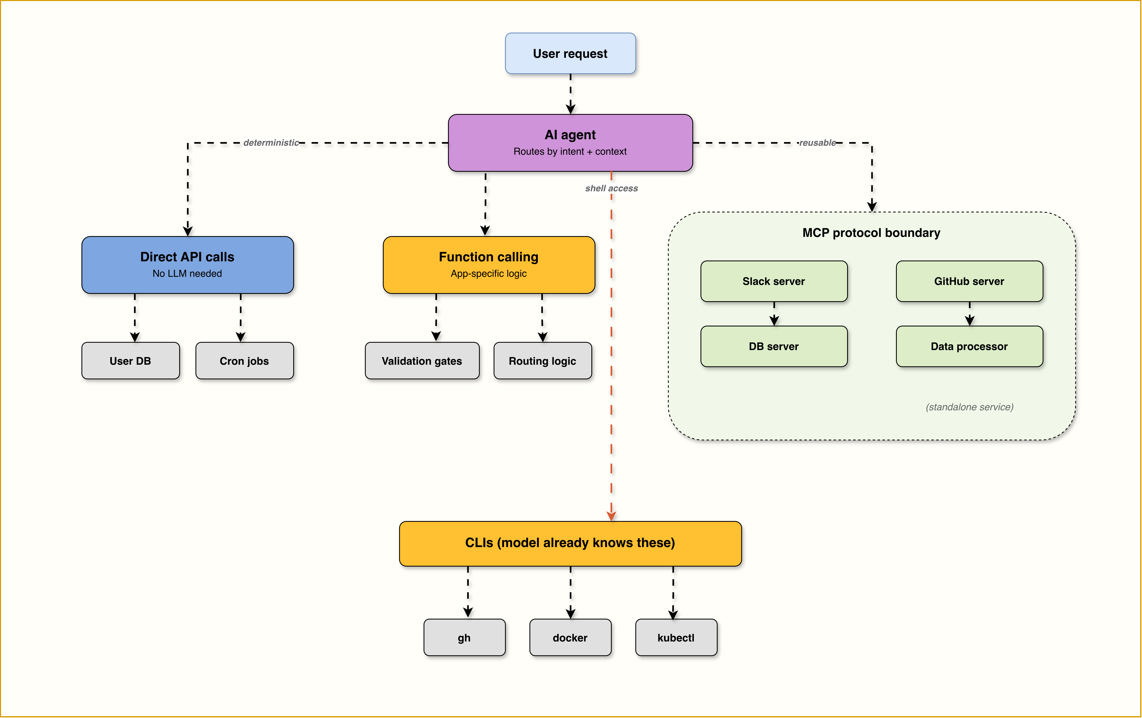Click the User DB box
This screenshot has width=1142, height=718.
(x=130, y=361)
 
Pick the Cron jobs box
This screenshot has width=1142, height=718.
(x=244, y=361)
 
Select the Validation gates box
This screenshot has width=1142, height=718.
(x=422, y=361)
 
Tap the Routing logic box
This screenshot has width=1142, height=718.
(x=542, y=361)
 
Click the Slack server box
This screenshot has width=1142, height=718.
(x=774, y=281)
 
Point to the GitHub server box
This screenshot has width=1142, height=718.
(x=969, y=281)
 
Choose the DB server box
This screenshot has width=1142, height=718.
(x=774, y=346)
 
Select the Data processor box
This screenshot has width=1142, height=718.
(x=969, y=346)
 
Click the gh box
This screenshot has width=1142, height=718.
(x=464, y=637)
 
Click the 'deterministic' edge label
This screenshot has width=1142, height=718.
(x=271, y=143)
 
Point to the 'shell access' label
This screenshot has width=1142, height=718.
(x=611, y=188)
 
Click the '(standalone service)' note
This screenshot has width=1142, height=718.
(x=969, y=407)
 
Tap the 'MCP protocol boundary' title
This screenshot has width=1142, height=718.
(x=871, y=233)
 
